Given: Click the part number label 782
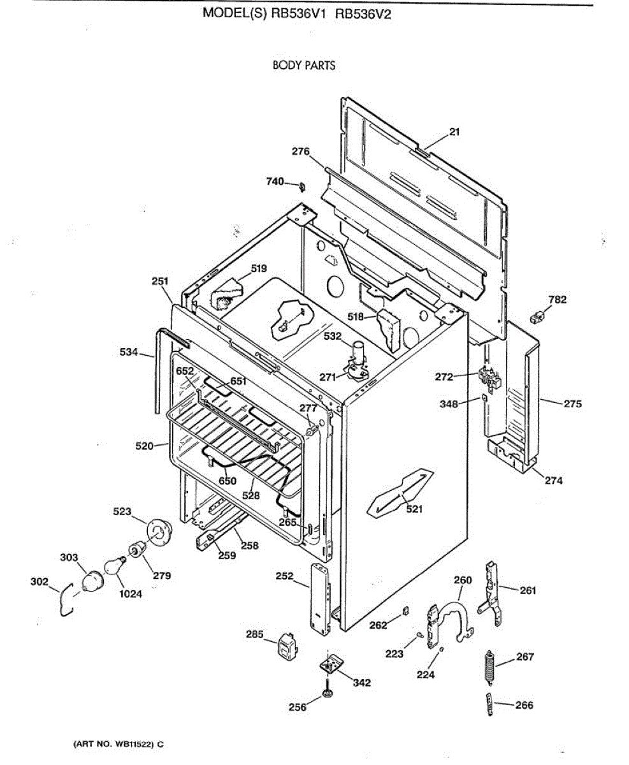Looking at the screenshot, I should pyautogui.click(x=557, y=300).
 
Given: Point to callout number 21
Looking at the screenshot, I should pyautogui.click(x=454, y=132).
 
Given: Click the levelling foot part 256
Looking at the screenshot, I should pyautogui.click(x=328, y=692).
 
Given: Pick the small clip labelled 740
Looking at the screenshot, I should pyautogui.click(x=301, y=186).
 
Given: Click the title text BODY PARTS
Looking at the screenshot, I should pyautogui.click(x=303, y=65).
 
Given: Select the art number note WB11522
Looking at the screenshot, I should pyautogui.click(x=115, y=744).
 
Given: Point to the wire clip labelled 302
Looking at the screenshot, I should pyautogui.click(x=64, y=602).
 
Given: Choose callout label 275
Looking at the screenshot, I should pyautogui.click(x=572, y=404).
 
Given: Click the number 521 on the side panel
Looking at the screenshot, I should pyautogui.click(x=414, y=509).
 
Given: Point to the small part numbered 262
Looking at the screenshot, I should pyautogui.click(x=405, y=612).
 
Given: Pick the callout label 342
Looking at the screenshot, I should pyautogui.click(x=361, y=683).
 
